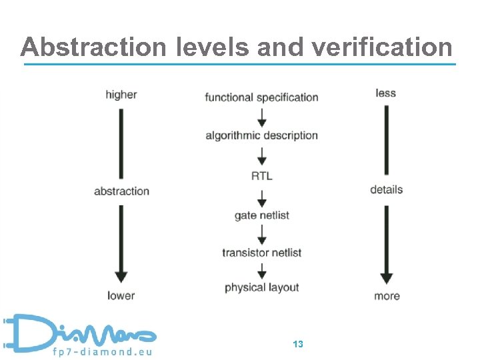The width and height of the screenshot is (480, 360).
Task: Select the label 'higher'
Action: pyautogui.click(x=121, y=95)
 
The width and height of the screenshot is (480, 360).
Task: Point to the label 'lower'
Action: pyautogui.click(x=121, y=295)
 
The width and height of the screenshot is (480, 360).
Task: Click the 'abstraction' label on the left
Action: pyautogui.click(x=121, y=191)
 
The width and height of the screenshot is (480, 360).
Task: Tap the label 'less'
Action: pyautogui.click(x=385, y=93)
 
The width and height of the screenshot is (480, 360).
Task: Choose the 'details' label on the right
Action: pyautogui.click(x=386, y=189)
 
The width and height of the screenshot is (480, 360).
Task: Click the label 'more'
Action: pyautogui.click(x=387, y=295)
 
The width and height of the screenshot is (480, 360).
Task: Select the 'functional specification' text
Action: pyautogui.click(x=261, y=97)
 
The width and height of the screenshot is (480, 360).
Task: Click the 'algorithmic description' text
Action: pyautogui.click(x=261, y=135)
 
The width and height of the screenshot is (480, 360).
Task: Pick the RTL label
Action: pyautogui.click(x=261, y=176)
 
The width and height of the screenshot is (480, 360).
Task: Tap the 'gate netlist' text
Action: pyautogui.click(x=261, y=215)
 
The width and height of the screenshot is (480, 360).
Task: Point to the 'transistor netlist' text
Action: pyautogui.click(x=261, y=253)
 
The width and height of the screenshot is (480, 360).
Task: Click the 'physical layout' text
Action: pyautogui.click(x=261, y=288)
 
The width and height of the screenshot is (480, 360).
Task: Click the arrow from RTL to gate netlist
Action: pyautogui.click(x=261, y=197)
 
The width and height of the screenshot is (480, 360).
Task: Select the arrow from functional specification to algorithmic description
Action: pyautogui.click(x=261, y=117)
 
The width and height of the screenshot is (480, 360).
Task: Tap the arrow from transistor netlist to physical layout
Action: pyautogui.click(x=261, y=271)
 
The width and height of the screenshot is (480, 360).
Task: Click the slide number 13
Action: pyautogui.click(x=298, y=344)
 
